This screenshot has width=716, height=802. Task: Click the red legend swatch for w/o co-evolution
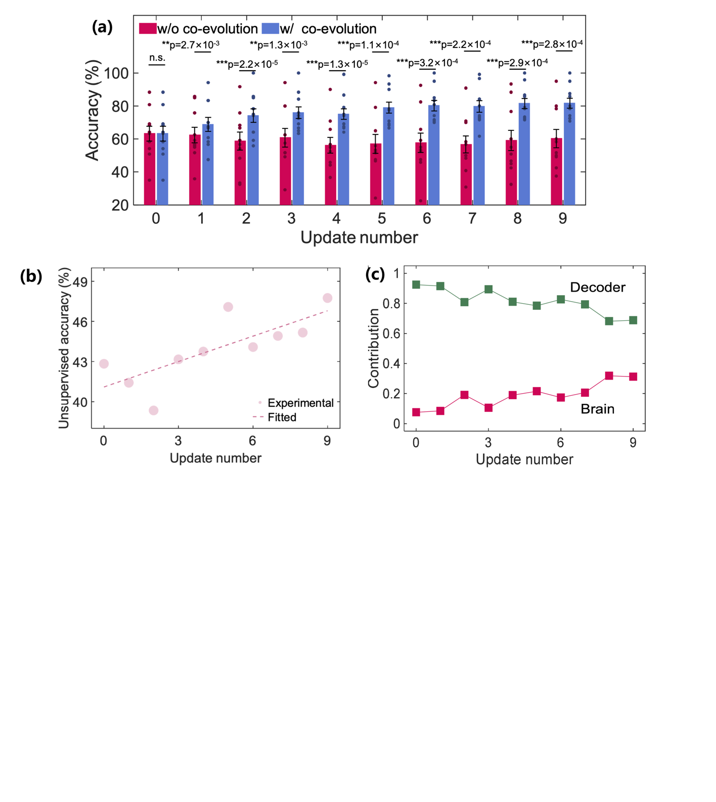pyautogui.click(x=148, y=29)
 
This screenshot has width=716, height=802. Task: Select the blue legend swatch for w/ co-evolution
pyautogui.click(x=271, y=29)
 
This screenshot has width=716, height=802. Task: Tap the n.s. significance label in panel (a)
pyautogui.click(x=157, y=58)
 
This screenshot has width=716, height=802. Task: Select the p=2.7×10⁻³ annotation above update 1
pyautogui.click(x=191, y=45)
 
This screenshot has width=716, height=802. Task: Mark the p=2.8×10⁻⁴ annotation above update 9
pyautogui.click(x=552, y=44)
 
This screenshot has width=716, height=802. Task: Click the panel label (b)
pyautogui.click(x=31, y=276)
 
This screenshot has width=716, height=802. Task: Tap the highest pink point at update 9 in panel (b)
pyautogui.click(x=328, y=298)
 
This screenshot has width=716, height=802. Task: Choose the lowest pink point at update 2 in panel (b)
pyautogui.click(x=154, y=410)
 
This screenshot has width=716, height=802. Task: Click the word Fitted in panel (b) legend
pyautogui.click(x=282, y=417)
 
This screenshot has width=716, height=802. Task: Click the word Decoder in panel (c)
pyautogui.click(x=597, y=288)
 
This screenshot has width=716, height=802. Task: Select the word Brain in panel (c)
pyautogui.click(x=597, y=409)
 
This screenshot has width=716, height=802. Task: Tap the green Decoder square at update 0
pyautogui.click(x=416, y=285)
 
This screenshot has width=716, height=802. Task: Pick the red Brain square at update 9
pyautogui.click(x=633, y=377)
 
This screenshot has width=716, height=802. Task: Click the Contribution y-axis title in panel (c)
pyautogui.click(x=374, y=349)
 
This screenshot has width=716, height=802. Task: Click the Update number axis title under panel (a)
pyautogui.click(x=359, y=238)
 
